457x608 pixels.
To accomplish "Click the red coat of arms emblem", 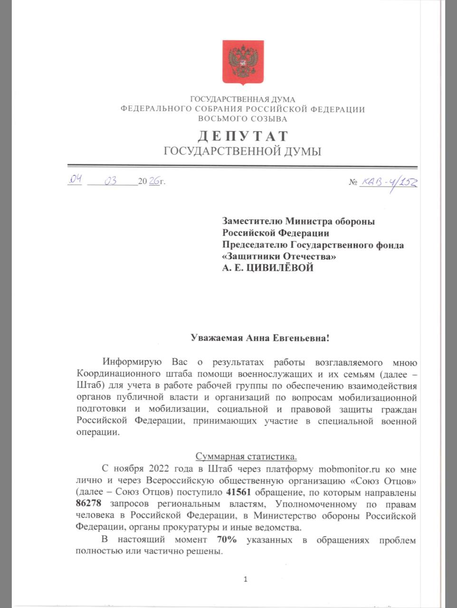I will point(243,62).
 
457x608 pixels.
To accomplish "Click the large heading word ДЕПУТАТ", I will point(242,136).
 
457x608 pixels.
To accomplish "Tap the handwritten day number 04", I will point(76,180).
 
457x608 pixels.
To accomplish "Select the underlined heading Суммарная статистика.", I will point(246,457).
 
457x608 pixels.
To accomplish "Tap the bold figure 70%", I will point(227,540).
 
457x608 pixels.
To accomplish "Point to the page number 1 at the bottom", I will point(246,579).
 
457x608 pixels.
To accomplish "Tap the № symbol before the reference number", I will point(353,182).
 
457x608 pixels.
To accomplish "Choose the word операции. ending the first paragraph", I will point(96,433).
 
